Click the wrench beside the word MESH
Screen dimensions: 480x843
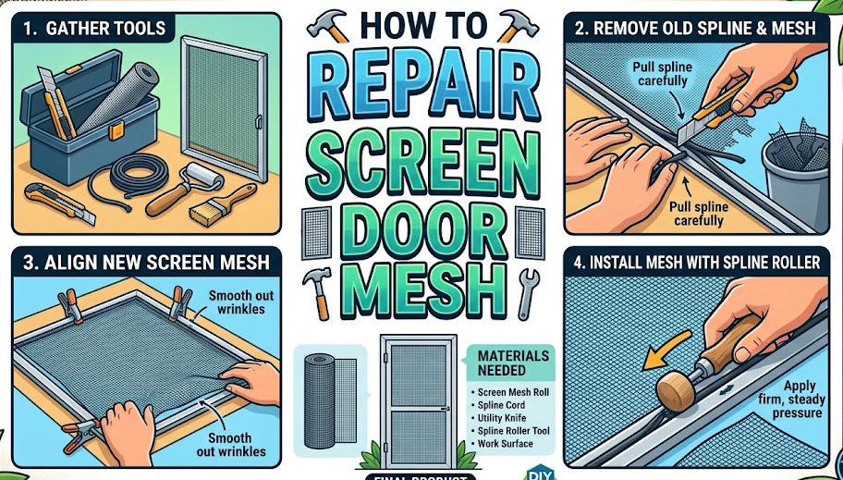click(529, 291)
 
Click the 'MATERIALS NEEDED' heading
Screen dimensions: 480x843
click(512, 363)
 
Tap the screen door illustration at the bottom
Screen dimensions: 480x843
click(418, 398)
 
